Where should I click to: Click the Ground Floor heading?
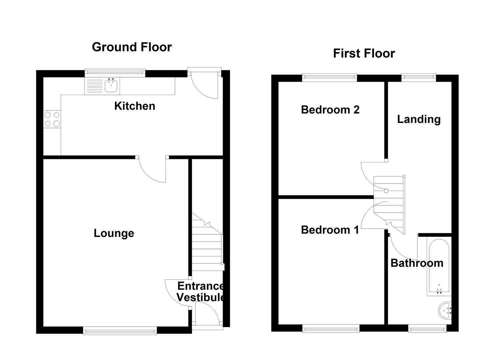click(x=132, y=47)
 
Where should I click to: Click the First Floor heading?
click(x=364, y=53)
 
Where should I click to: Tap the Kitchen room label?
click(x=135, y=106)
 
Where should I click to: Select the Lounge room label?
click(x=114, y=233)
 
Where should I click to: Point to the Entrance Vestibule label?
click(x=200, y=291)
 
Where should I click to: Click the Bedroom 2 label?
click(x=330, y=110)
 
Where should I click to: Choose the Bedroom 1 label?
click(x=330, y=230)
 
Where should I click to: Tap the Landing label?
click(x=419, y=119)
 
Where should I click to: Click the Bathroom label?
click(x=417, y=263)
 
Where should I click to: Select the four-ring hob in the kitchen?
click(x=52, y=119)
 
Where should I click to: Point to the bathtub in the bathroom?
click(x=439, y=267)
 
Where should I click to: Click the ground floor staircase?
click(x=207, y=247)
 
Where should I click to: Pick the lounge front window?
click(x=120, y=331)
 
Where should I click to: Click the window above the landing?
click(x=419, y=77)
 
